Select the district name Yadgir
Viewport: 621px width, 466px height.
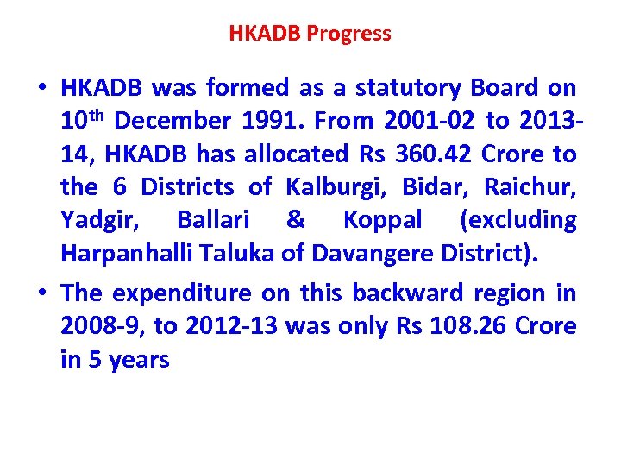pos(93,220)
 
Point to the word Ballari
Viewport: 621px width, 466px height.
pos(213,220)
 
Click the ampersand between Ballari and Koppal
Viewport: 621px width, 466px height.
pos(295,220)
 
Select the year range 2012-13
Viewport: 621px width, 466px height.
pos(226,326)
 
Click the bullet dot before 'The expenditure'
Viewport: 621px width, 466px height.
pos(41,293)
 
